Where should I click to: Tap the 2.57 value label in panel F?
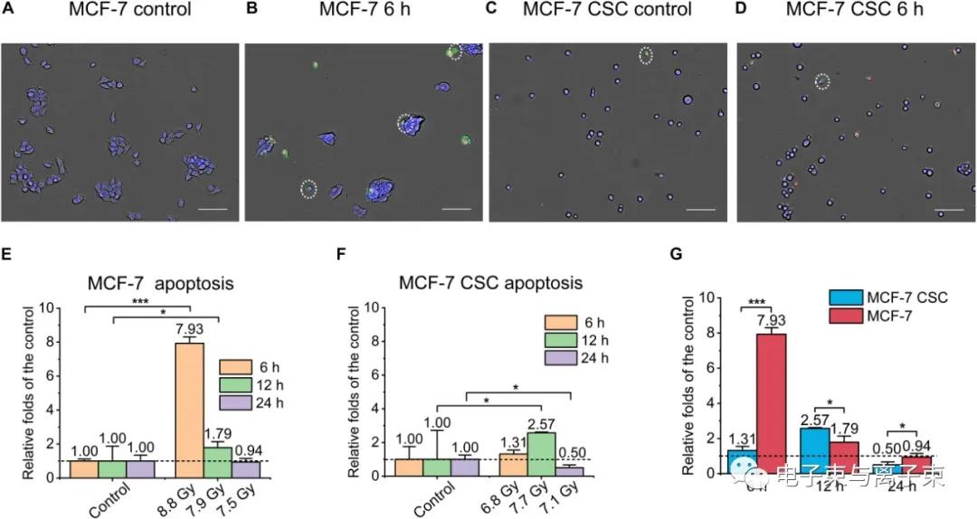click(x=540, y=425)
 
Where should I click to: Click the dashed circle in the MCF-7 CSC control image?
click(x=646, y=56)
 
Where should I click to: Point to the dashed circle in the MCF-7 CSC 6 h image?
click(x=821, y=82)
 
